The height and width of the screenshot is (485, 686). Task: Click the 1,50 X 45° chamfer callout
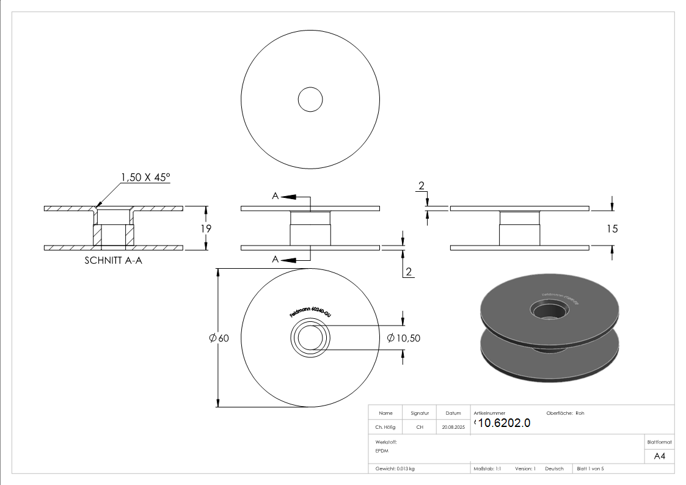point(145,177)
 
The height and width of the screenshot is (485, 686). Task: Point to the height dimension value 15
point(612,228)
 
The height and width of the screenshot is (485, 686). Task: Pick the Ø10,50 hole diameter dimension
point(404,338)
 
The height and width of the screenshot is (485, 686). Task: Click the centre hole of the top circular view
point(310,99)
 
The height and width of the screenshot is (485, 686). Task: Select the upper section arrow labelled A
point(285,196)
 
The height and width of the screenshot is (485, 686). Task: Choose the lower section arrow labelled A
point(285,260)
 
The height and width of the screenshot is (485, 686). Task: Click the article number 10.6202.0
point(503,423)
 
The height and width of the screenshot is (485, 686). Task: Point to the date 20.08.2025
point(453,428)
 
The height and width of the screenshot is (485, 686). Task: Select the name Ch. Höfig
point(385,428)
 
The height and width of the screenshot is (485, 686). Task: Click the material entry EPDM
point(382,451)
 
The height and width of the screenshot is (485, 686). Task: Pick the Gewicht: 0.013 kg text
point(395,469)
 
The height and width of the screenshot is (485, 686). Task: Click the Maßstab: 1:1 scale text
point(487,469)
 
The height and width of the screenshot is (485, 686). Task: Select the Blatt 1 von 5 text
point(590,469)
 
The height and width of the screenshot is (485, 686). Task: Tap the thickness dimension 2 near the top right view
point(421,185)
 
